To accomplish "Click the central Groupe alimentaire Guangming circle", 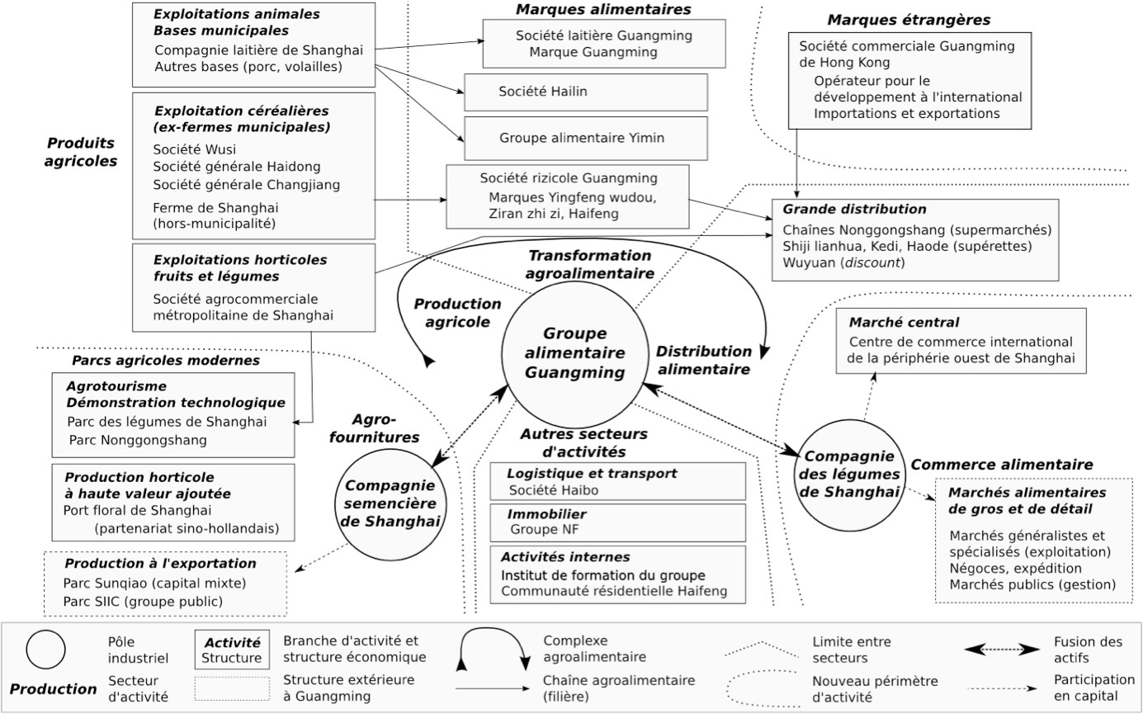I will pos(575,353).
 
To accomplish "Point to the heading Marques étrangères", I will pos(908,19).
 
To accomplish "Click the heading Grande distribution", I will pos(853,210).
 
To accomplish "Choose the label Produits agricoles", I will pos(81,152).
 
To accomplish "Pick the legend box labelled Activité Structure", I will pos(232,650).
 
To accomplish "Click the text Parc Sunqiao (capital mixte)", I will pos(154,583).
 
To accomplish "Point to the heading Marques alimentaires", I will pos(602,9).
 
